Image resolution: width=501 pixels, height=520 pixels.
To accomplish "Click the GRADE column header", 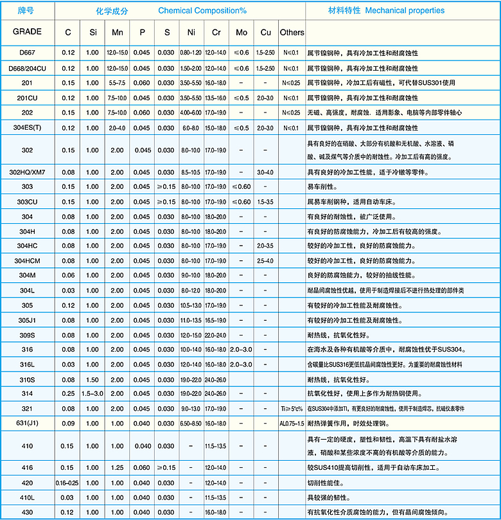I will [27, 31].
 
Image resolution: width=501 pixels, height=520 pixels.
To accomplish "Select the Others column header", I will [292, 32].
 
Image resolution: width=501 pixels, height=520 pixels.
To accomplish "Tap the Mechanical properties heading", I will [405, 10].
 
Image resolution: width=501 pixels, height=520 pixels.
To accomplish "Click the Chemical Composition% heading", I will [202, 11].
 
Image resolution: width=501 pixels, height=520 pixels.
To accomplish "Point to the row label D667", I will [27, 53].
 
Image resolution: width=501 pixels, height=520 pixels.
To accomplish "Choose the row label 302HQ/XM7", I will [27, 172].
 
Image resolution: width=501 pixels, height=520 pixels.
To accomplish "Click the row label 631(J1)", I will [27, 424].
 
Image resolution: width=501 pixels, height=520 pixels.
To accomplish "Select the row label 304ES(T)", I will [27, 127].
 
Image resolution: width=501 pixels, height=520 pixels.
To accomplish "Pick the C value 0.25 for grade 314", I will [68, 393].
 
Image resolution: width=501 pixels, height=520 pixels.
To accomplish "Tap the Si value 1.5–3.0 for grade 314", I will [92, 393].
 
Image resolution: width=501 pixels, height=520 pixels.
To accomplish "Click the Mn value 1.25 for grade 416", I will [117, 467].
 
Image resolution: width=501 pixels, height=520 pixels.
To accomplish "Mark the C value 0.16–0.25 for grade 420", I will [68, 482].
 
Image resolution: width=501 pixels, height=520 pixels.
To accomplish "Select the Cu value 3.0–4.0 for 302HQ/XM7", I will [265, 172].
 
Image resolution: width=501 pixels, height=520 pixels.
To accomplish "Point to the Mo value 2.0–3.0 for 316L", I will [241, 364].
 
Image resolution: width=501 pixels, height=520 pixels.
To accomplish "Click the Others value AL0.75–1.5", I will [292, 424].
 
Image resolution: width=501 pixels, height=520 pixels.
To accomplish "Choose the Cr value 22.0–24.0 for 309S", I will [215, 335].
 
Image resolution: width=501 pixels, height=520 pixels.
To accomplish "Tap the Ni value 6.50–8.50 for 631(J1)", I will [191, 424].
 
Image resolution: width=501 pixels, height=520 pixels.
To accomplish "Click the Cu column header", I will [265, 32].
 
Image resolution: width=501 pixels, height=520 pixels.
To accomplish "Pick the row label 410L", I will [27, 497].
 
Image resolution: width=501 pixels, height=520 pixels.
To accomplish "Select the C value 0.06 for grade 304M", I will [68, 275].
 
